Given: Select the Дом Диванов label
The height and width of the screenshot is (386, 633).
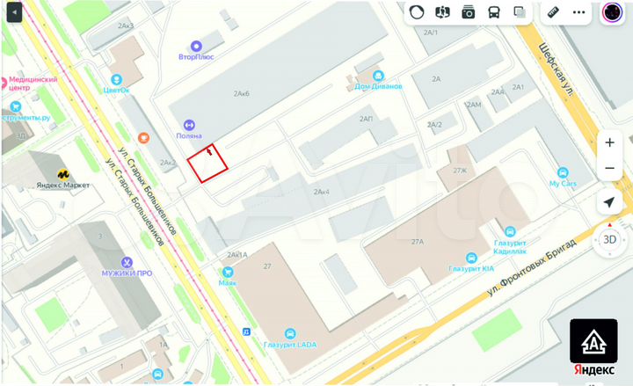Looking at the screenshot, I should pos(378,86).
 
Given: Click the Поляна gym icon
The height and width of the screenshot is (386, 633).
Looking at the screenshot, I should pos(187,125).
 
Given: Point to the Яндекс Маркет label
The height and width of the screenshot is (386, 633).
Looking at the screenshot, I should pos(63,185).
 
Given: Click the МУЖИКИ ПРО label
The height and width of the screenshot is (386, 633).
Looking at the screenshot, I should pos(127,273).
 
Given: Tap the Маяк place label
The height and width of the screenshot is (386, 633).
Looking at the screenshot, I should pos(227,283).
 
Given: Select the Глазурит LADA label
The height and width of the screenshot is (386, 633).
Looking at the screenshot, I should pos(289,344).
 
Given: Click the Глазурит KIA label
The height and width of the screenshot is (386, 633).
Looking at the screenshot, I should pos(470,269).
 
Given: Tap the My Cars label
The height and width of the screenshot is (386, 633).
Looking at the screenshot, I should pos(563,183).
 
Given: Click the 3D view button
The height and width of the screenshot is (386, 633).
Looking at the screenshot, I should pos(609,238).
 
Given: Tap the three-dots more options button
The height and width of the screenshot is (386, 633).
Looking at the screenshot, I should pos(579,12).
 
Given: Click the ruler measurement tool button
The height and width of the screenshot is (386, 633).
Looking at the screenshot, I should pos(553,12).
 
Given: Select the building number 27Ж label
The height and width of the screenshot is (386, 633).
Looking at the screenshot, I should pos(459,171).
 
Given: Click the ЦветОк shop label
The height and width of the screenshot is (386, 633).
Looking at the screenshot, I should pos(115,90).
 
